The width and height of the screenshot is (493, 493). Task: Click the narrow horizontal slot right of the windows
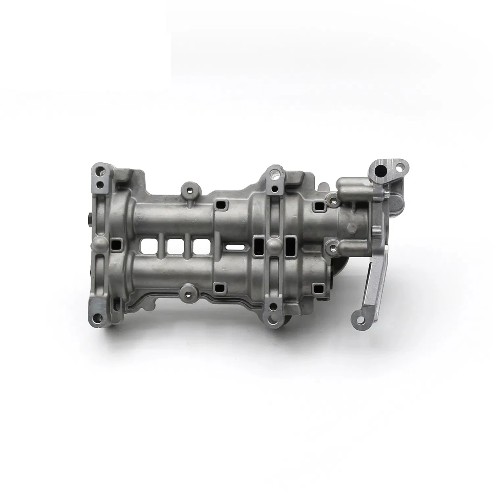pos(236,246)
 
